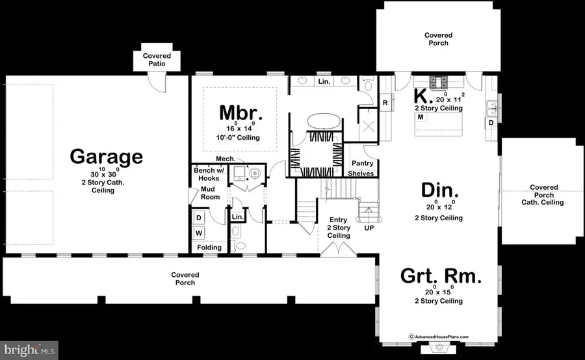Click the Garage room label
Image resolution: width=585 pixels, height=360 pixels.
pos(106,157)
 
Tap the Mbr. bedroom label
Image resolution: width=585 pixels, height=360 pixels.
pos(240,113)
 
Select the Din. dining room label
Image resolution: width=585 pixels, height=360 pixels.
pos(440,190)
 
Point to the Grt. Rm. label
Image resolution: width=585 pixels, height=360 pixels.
pos(441,277)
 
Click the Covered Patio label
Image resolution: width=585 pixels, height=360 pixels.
pos(156,61)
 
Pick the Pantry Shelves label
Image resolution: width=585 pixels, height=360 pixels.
pos(361,168)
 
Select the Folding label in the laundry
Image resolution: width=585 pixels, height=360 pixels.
pos(209,247)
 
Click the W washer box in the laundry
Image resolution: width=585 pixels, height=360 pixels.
pos(200,232)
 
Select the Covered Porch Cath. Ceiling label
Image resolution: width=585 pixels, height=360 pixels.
pos(543,195)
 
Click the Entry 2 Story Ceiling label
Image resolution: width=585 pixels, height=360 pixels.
pos(338,227)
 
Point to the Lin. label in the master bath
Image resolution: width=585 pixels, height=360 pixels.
pos(324,82)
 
